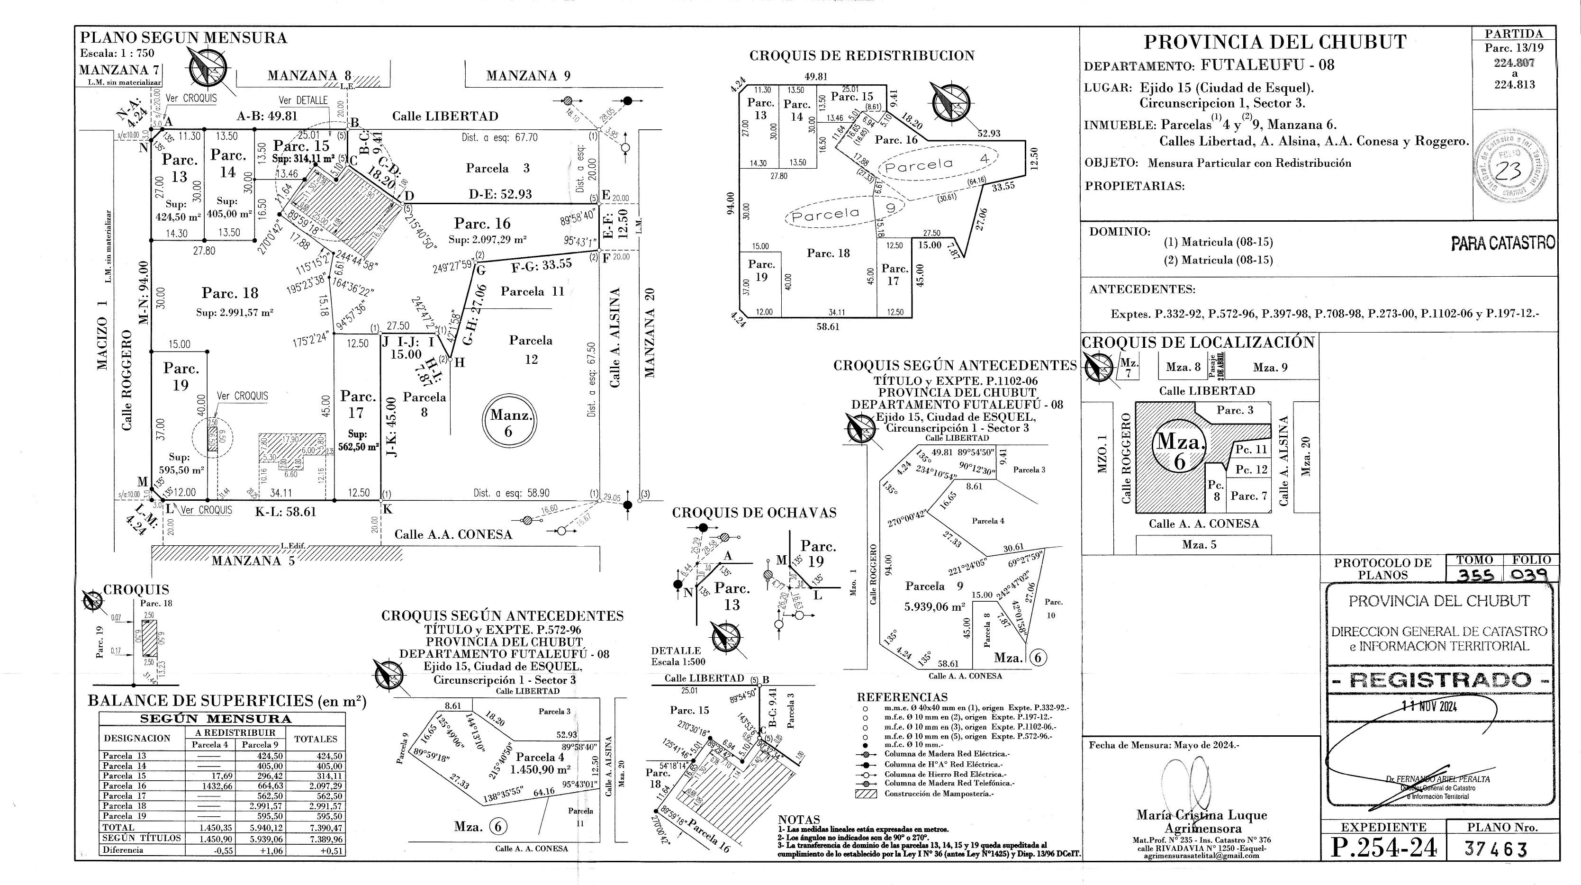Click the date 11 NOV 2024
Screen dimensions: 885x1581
(x=1429, y=706)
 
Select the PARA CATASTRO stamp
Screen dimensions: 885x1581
(x=1503, y=244)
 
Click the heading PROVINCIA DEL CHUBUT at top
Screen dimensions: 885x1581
(x=1275, y=42)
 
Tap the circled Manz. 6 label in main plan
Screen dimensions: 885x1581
(x=508, y=423)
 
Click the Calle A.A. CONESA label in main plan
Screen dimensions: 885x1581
(x=453, y=534)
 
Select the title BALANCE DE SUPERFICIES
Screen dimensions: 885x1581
(x=226, y=701)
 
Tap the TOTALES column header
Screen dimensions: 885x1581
(x=316, y=739)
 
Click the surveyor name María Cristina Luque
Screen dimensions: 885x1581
(x=1201, y=815)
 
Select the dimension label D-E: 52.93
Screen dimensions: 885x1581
(x=500, y=194)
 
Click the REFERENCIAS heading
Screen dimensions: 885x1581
(x=902, y=697)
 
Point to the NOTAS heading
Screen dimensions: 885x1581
(x=798, y=819)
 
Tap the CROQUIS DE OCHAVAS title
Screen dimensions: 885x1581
(x=754, y=513)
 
